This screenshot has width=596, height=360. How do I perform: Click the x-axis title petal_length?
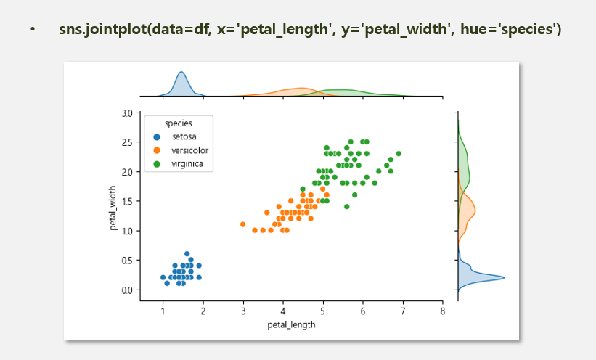[x=292, y=324]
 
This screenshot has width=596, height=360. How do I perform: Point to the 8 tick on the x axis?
[x=442, y=311]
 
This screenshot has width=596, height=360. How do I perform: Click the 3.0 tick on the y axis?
[x=127, y=113]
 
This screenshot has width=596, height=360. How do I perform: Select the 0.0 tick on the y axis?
[x=127, y=290]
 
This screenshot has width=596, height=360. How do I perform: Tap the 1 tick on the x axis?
[x=163, y=311]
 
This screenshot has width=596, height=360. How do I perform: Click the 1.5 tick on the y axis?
[x=127, y=202]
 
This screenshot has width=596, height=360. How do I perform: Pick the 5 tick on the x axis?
[x=323, y=311]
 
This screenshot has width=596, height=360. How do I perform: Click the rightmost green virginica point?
[x=399, y=154]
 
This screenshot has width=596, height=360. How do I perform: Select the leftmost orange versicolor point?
[x=242, y=224]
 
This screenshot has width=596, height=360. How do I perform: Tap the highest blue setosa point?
[x=187, y=254]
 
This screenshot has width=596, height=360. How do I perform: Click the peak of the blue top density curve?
[x=181, y=73]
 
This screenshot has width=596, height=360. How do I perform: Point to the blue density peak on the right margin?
[x=503, y=278]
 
